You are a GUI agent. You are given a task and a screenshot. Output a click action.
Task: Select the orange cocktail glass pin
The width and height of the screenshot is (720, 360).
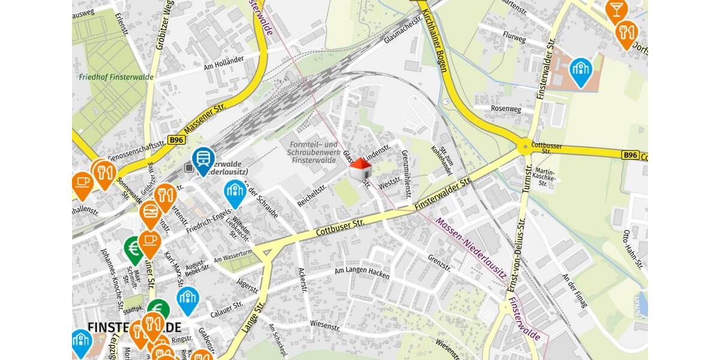pyautogui.click(x=616, y=10)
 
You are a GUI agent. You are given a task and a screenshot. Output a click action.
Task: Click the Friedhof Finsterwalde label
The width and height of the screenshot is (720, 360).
pyautogui.click(x=116, y=77)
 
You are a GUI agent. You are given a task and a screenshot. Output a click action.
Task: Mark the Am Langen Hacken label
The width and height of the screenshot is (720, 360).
pyautogui.click(x=362, y=273)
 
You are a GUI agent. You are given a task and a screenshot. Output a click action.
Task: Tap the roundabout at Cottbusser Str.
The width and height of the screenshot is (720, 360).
pyautogui.click(x=525, y=146)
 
